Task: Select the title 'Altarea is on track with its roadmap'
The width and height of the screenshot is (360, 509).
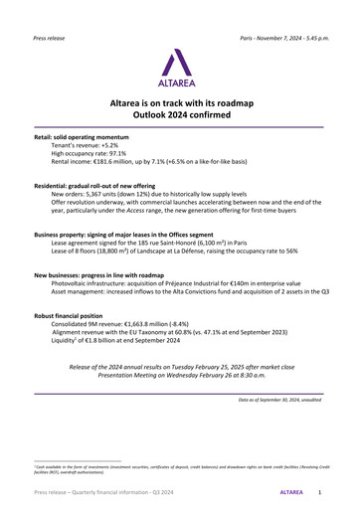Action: click(180, 102)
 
